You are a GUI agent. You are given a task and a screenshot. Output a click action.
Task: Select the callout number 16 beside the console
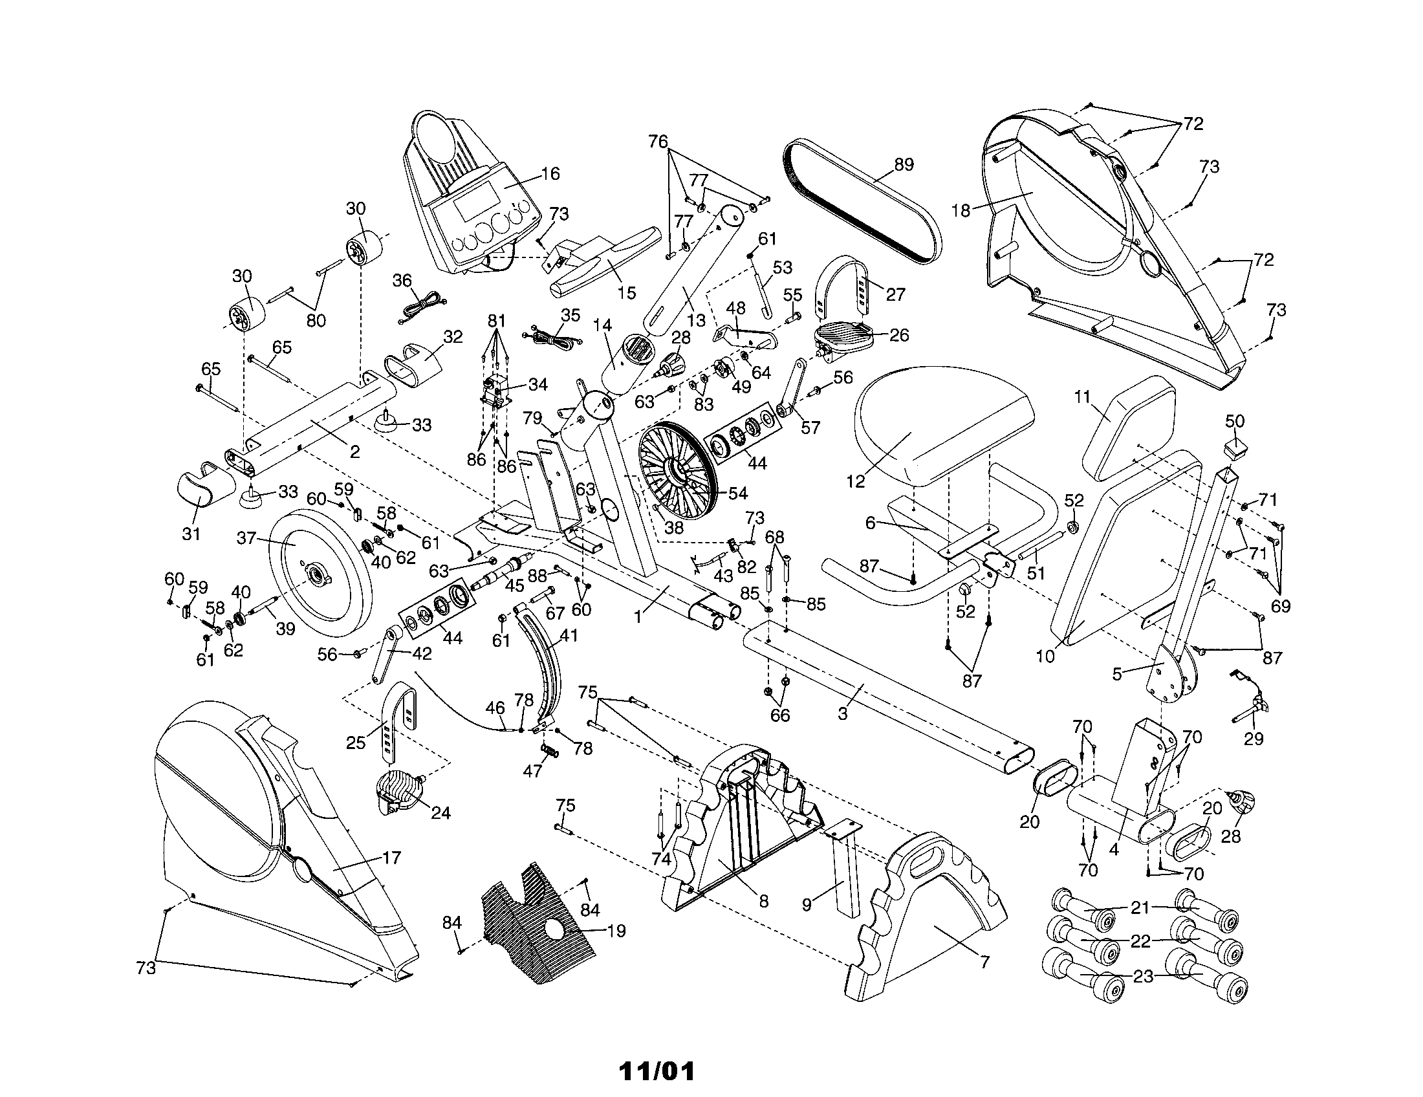pyautogui.click(x=550, y=173)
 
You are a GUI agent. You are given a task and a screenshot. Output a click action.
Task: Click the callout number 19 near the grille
pyautogui.click(x=616, y=931)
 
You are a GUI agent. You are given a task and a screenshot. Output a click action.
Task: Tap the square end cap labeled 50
pyautogui.click(x=1235, y=446)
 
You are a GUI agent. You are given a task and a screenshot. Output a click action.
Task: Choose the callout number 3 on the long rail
pyautogui.click(x=842, y=713)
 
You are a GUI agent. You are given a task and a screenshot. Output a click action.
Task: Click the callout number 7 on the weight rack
pyautogui.click(x=984, y=961)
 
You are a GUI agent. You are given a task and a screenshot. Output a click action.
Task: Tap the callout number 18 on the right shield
pyautogui.click(x=961, y=210)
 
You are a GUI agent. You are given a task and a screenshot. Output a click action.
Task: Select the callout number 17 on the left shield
pyautogui.click(x=391, y=858)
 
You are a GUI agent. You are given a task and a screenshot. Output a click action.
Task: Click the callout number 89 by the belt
pyautogui.click(x=904, y=164)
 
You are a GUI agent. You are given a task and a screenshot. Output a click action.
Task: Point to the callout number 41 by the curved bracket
pyautogui.click(x=569, y=635)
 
